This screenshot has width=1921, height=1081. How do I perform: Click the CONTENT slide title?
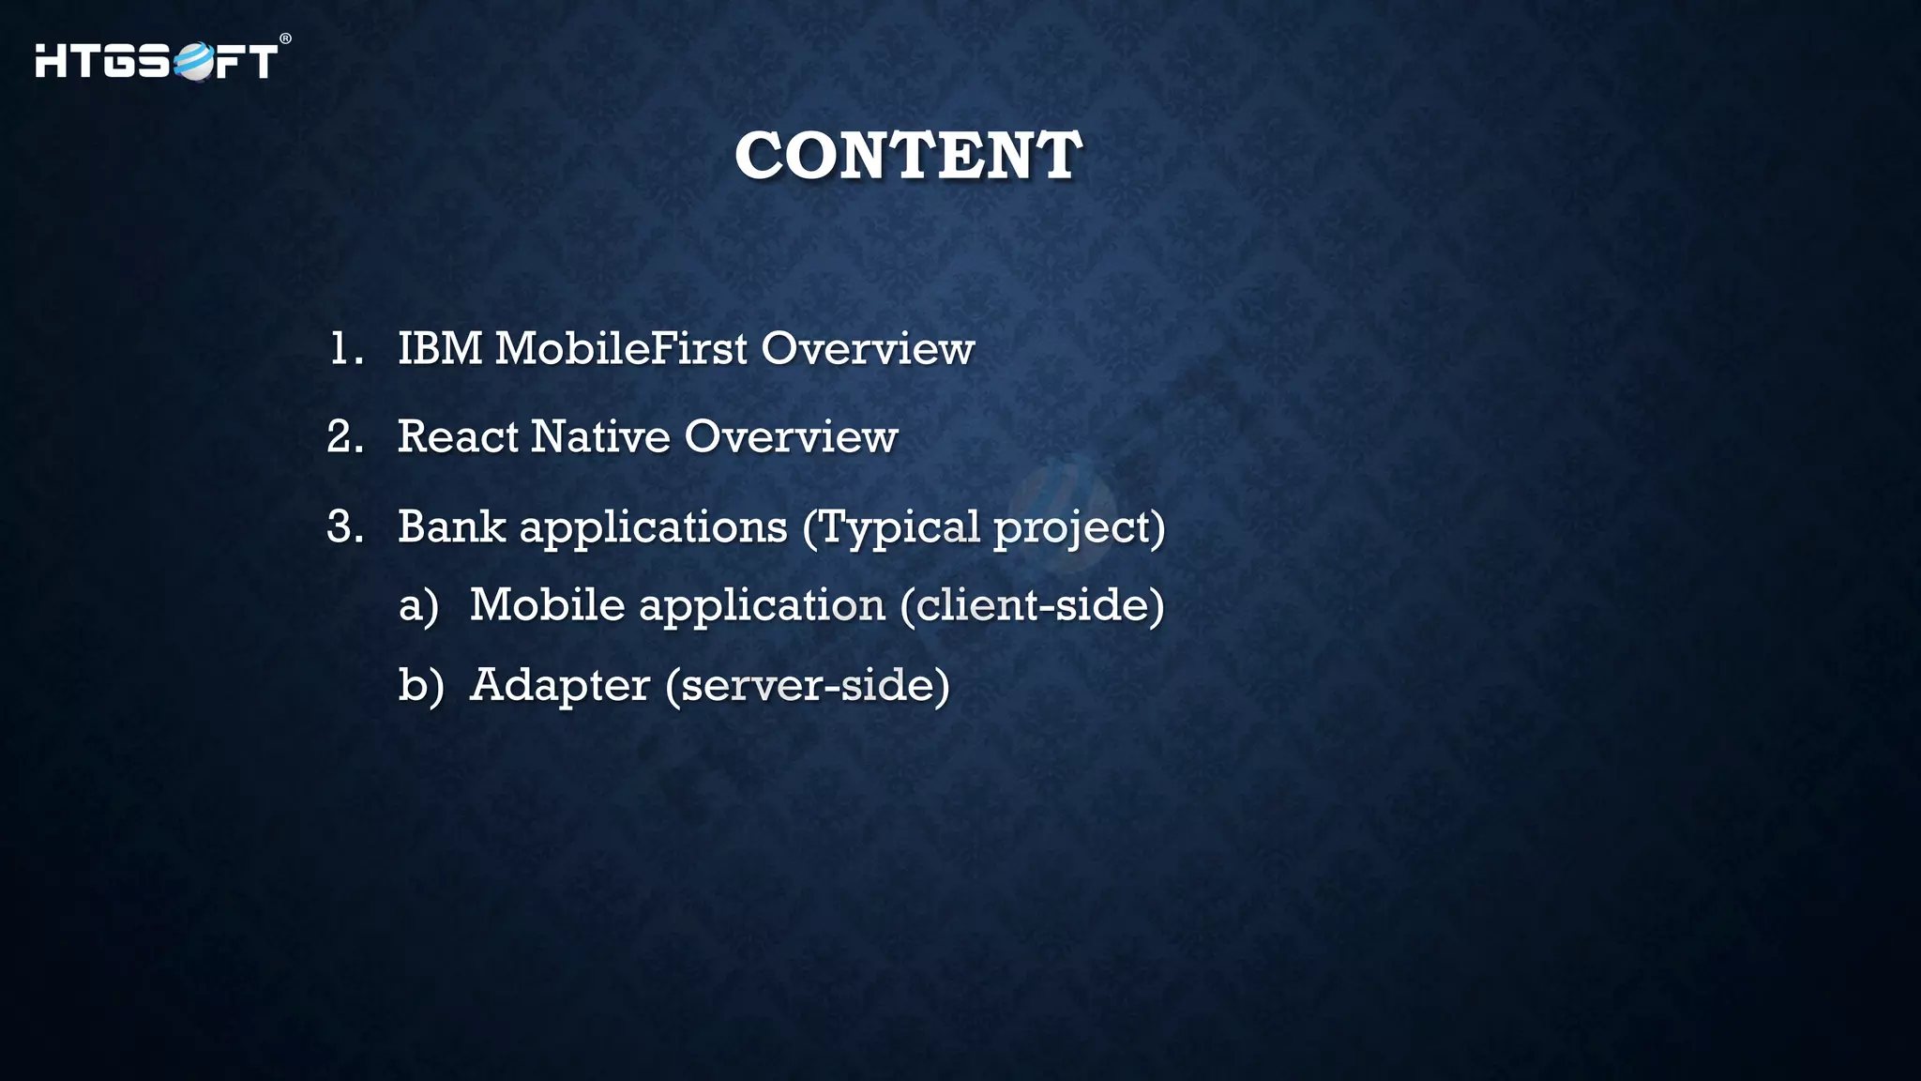click(x=908, y=156)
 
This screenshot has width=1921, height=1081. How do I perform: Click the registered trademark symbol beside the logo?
click(x=285, y=39)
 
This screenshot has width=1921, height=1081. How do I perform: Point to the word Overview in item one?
click(x=868, y=349)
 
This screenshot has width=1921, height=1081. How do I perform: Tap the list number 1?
click(x=343, y=349)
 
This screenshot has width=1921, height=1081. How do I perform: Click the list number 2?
click(x=344, y=437)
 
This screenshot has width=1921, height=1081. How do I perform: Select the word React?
click(x=457, y=437)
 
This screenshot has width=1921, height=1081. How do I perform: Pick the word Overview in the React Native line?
click(x=791, y=437)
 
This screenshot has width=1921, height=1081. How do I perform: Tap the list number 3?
click(x=344, y=526)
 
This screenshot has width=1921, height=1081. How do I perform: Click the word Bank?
click(x=451, y=526)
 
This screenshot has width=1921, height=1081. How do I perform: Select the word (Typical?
click(x=890, y=527)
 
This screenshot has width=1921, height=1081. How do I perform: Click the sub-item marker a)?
click(x=418, y=605)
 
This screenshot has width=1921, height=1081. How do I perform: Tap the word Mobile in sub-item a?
click(x=547, y=604)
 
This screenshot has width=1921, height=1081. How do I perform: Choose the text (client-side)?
click(x=1032, y=605)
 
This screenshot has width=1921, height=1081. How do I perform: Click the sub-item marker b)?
click(x=420, y=685)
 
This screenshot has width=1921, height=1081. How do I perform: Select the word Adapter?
click(x=560, y=686)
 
